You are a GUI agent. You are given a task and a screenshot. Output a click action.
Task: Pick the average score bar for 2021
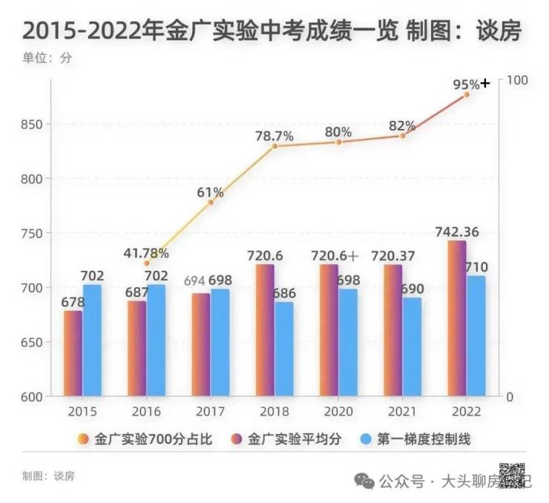[x=393, y=330]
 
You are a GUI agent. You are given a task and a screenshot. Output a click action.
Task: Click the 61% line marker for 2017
[x=211, y=202]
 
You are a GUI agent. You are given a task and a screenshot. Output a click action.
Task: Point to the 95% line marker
[x=467, y=95]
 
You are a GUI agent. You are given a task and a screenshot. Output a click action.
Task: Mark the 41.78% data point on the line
[x=146, y=263]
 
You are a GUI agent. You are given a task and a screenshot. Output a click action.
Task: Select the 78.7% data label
[x=274, y=137]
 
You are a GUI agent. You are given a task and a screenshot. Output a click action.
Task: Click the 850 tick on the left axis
[x=32, y=124]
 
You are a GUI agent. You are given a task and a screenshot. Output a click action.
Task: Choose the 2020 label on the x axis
[x=338, y=412]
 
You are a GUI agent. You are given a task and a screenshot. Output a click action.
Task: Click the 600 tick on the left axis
[x=32, y=396]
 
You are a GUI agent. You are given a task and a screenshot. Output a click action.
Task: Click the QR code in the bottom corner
[x=512, y=475]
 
